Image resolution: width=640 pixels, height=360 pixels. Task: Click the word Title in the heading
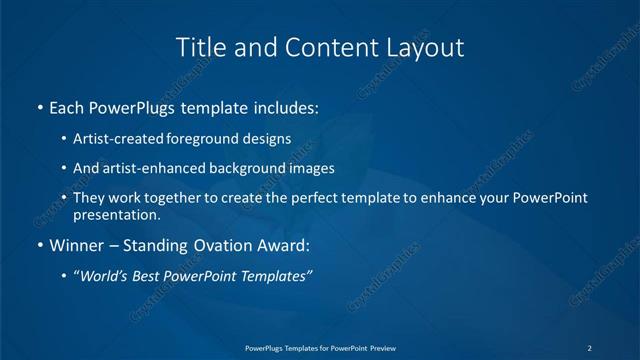coord(198,47)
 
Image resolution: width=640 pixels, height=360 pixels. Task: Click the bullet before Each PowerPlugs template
coord(39,106)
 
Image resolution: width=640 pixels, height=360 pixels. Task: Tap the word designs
coord(269,139)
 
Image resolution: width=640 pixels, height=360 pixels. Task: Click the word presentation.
coord(116,214)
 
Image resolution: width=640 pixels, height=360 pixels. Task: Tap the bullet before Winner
coord(39,245)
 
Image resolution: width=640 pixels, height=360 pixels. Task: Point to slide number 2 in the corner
coord(589,347)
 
